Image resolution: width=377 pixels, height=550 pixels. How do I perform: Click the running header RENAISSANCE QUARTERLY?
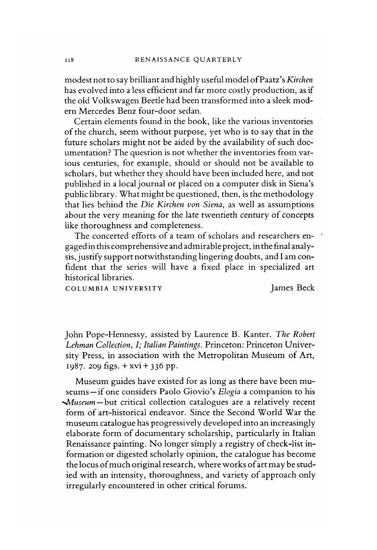pyautogui.click(x=188, y=60)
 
